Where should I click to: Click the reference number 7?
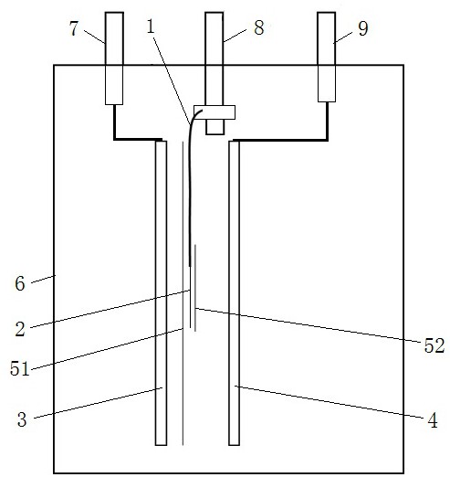74,29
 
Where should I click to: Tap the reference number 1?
151,26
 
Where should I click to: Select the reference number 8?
259,27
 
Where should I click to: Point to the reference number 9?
363,29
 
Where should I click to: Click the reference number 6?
20,284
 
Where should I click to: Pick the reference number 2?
20,329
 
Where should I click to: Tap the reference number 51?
20,368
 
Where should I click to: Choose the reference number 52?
434,345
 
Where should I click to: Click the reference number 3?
22,419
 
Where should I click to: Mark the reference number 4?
433,420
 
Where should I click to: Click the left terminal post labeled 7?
114,58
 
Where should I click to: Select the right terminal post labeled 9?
327,57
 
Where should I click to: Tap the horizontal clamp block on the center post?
215,112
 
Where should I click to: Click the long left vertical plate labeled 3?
161,293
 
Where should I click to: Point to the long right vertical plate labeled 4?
234,293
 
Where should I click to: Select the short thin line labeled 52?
195,288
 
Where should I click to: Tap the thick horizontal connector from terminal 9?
280,140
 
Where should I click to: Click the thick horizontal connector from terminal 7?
138,140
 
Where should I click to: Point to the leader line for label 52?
309,325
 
